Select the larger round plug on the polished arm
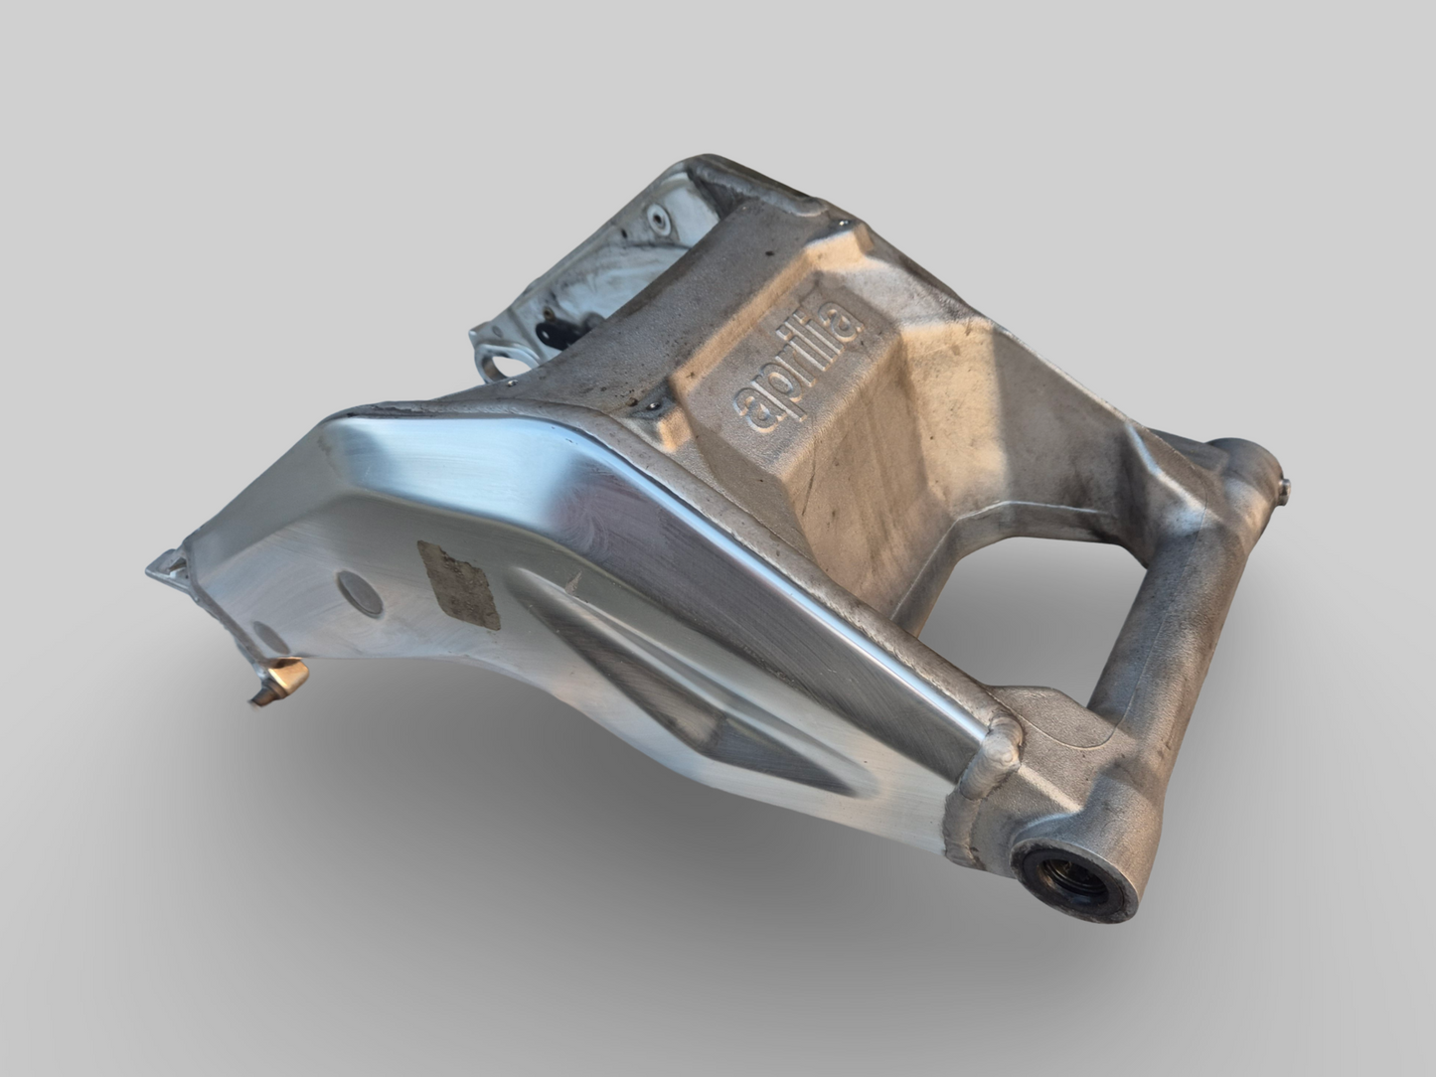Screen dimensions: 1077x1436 358,592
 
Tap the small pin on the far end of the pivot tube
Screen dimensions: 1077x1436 1287,485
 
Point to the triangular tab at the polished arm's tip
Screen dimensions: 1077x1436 165,567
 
